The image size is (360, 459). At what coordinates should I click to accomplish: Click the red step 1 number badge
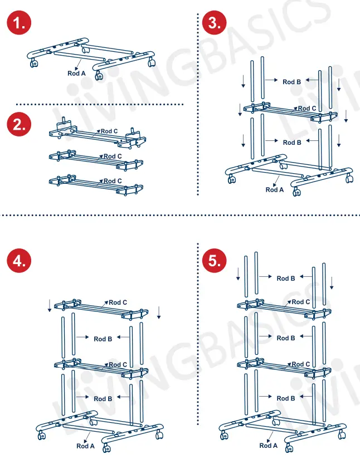pos(19,23)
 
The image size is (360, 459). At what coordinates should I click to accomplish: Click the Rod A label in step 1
pos(77,73)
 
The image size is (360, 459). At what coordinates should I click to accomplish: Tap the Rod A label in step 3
pos(275,189)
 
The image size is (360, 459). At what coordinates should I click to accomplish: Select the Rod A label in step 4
pos(86,446)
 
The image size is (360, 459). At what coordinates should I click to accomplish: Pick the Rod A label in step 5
pos(269,446)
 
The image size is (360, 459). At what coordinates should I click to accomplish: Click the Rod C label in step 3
pos(307,109)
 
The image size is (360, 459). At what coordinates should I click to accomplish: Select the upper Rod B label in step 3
pos(291,82)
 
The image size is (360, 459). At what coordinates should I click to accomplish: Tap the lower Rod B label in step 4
pos(103,398)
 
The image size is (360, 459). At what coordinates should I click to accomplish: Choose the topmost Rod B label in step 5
pos(286,279)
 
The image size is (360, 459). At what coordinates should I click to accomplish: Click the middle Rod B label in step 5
pos(286,338)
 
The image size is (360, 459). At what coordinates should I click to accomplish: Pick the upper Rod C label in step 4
pos(118,302)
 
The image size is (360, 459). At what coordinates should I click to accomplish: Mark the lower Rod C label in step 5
pos(301,364)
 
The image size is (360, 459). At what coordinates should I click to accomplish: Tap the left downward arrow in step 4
pos(50,305)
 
